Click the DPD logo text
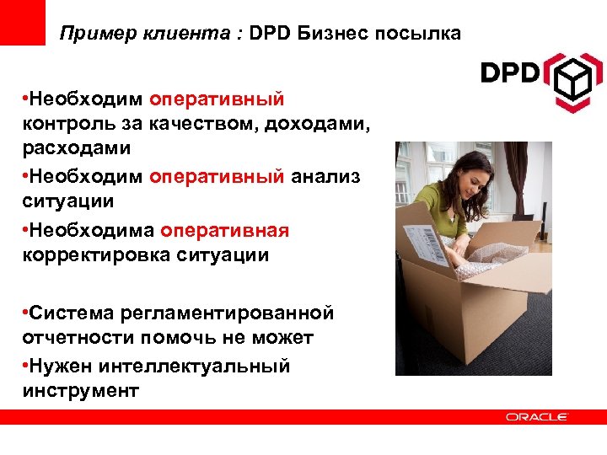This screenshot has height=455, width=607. click(509, 72)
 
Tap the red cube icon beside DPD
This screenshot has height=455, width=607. click(572, 79)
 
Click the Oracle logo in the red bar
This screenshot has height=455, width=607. click(537, 416)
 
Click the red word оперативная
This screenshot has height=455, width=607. click(225, 231)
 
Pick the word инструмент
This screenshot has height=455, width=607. click(80, 390)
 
